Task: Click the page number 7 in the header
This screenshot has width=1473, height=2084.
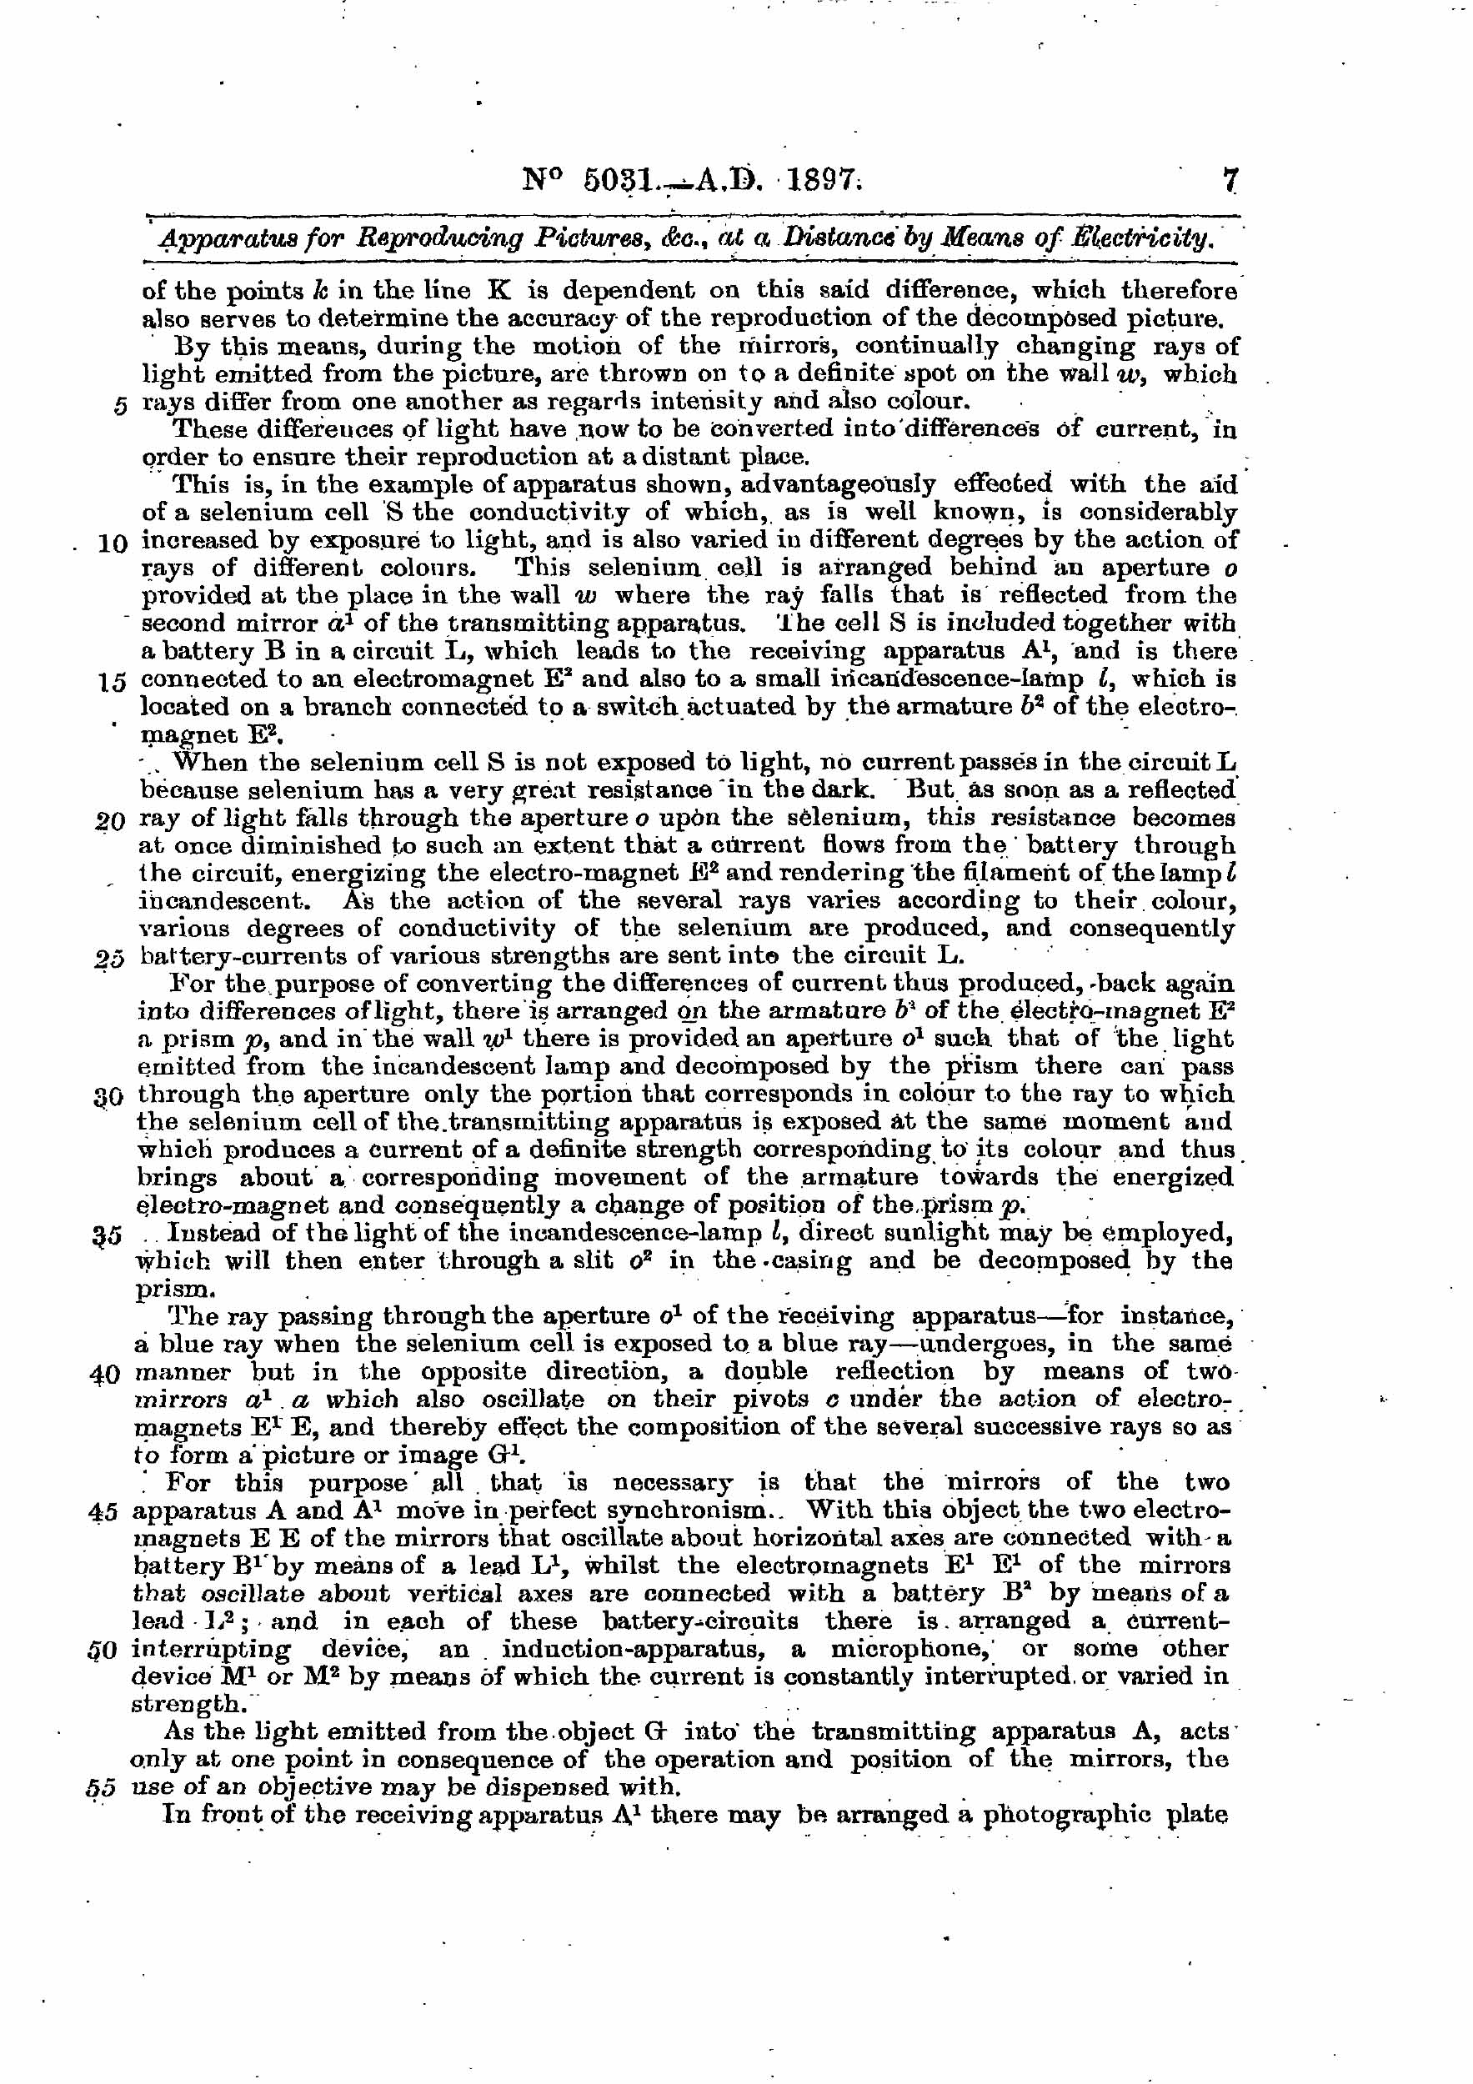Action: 1229,180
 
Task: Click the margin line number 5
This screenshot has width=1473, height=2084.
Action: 120,407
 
